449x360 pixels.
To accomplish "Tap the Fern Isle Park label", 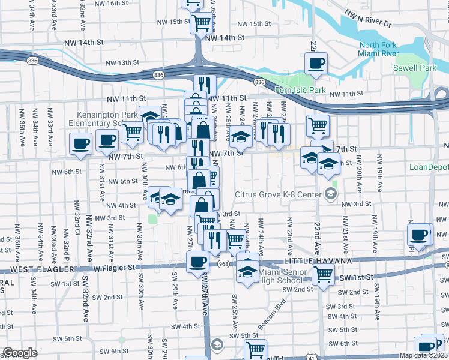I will pos(300,91).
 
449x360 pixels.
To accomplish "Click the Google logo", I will pos(20,353).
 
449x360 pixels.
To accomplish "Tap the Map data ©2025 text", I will pos(423,355).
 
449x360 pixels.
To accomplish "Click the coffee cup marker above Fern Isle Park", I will pos(315,63).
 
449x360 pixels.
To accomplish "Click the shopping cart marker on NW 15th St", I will pos(202,23).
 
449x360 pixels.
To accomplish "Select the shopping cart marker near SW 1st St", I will pos(324,274).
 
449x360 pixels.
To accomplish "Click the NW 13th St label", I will pos(122,62).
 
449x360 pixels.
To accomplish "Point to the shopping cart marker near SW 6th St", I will pos(256,349).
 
